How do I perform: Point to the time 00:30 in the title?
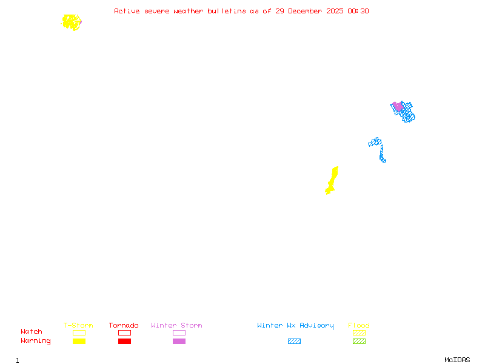(x=358, y=11)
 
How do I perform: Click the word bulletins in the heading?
(x=227, y=11)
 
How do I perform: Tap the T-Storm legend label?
(x=78, y=326)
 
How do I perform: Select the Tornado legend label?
(x=124, y=326)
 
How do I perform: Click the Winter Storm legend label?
(x=176, y=326)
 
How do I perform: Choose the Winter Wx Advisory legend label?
(x=295, y=326)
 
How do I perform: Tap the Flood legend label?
(x=359, y=326)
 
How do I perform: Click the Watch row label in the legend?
(x=32, y=332)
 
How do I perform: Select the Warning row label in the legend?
(x=36, y=341)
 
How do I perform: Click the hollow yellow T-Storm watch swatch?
(x=79, y=332)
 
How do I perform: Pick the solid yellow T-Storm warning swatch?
(x=79, y=342)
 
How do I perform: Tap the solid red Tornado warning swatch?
(x=124, y=342)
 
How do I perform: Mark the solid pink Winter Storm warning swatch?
(x=179, y=342)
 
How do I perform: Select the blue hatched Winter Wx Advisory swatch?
(x=294, y=342)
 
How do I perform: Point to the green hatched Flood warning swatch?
(x=359, y=342)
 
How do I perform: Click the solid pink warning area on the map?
(x=398, y=107)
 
